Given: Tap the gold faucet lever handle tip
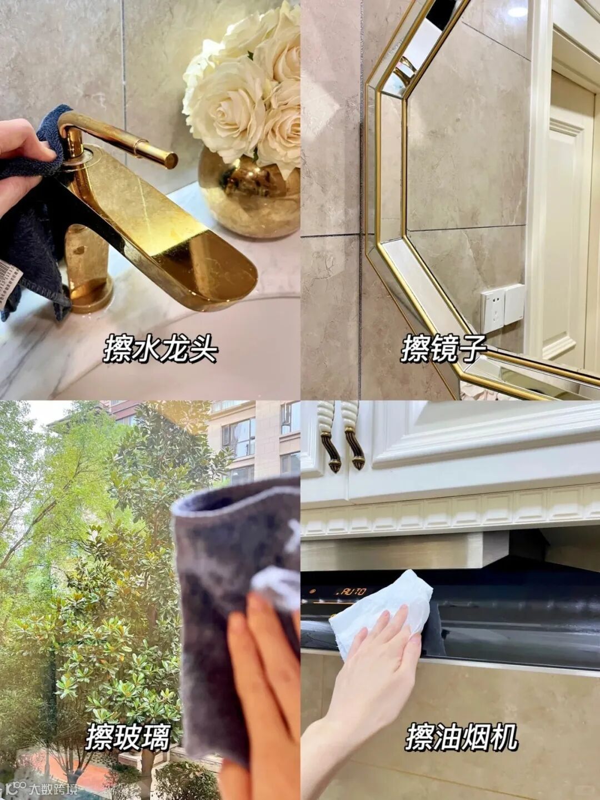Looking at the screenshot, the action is (171, 159).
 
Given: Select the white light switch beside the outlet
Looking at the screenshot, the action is (515, 306).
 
